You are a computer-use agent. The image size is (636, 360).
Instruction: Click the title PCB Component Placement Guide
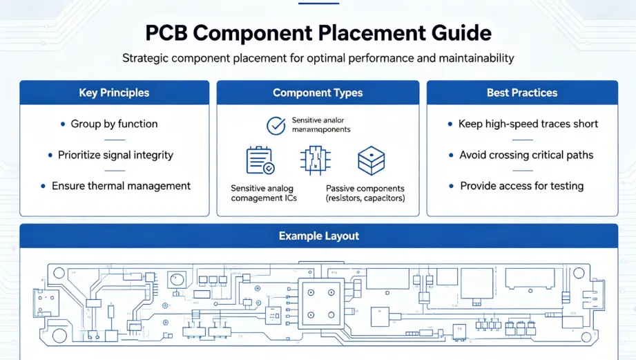[318, 33]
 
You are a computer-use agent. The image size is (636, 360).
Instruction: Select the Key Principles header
[114, 93]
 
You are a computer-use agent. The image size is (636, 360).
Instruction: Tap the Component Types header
[318, 93]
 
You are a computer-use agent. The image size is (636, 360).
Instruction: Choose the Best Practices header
[522, 93]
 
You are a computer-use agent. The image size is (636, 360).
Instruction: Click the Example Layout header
[318, 236]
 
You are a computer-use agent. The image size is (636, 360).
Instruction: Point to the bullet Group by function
[114, 124]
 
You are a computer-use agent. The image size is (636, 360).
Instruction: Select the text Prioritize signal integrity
[115, 155]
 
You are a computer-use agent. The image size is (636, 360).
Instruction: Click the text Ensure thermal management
[121, 186]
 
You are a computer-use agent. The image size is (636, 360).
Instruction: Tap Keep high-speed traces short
[528, 124]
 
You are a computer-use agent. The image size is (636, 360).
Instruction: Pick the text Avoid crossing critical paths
[526, 155]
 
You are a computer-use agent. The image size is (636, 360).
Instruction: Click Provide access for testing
[521, 186]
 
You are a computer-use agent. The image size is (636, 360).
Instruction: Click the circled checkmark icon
[276, 125]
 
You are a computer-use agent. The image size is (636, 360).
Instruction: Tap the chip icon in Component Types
[315, 160]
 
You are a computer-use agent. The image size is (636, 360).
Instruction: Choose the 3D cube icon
[370, 160]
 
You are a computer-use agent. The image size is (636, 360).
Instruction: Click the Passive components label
[365, 188]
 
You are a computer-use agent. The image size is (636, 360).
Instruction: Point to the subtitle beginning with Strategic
[318, 58]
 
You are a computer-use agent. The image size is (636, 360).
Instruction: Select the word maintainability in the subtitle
[476, 58]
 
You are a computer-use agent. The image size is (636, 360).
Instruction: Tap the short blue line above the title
[318, 3]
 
